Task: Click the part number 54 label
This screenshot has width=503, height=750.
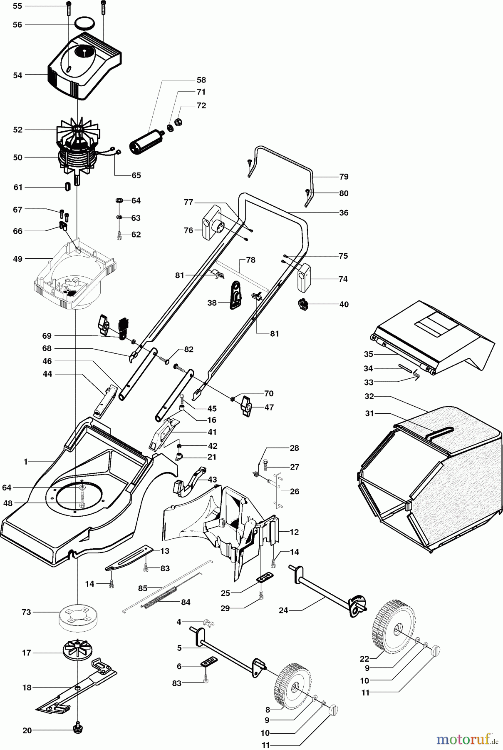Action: coord(17,75)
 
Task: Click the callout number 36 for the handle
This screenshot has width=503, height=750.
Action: coord(343,212)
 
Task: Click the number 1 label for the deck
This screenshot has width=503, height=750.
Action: coord(25,461)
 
